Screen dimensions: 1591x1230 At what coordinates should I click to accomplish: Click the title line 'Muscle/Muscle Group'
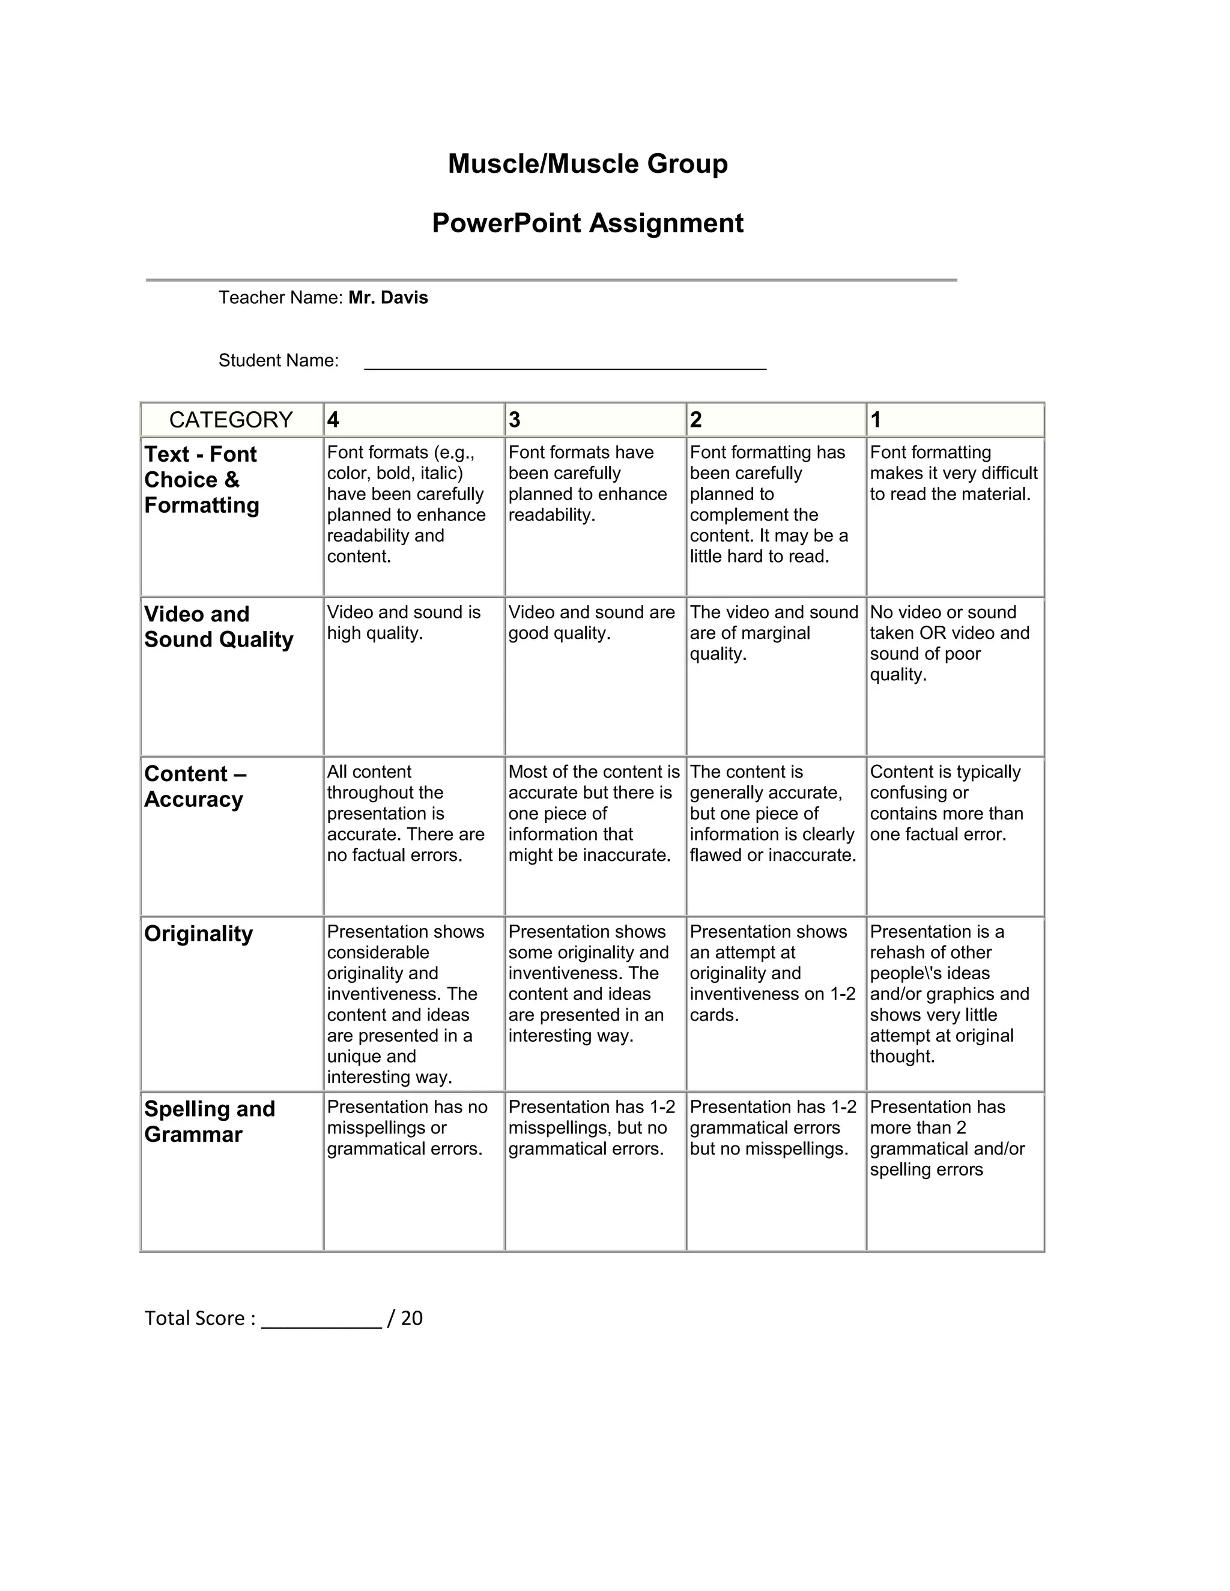tap(587, 164)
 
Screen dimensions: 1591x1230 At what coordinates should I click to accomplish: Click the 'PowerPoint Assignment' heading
tap(587, 223)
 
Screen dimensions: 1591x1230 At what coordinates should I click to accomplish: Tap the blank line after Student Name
tap(565, 363)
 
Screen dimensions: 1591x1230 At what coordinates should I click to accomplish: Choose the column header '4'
tap(333, 420)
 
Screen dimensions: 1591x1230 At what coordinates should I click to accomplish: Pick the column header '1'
tap(876, 420)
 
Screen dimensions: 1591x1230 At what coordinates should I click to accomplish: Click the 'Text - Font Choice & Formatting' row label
tap(201, 479)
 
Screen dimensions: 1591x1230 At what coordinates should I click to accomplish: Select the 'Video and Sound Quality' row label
tap(218, 626)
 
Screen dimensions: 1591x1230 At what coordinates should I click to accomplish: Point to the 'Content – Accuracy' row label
tap(195, 786)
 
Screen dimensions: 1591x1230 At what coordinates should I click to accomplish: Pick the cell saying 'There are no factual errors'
tap(405, 813)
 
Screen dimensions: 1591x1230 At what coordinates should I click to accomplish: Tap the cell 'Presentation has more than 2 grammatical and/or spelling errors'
tap(947, 1138)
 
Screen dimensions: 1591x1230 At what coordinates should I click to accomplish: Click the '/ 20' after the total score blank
tap(405, 1318)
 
